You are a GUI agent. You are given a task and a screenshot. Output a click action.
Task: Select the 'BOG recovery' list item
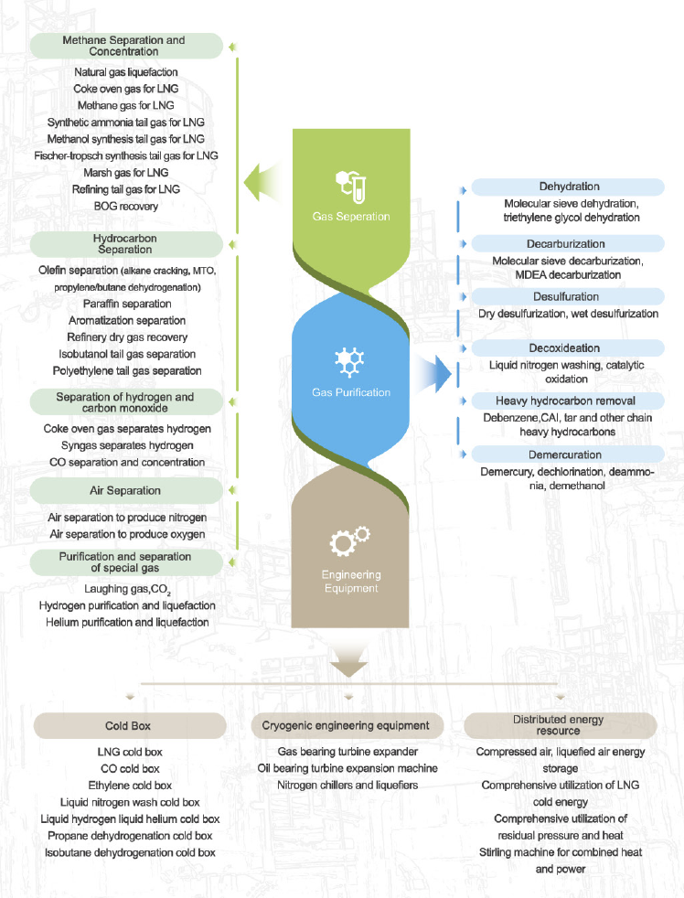(126, 206)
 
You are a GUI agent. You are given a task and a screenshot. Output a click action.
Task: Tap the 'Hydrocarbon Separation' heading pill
(126, 244)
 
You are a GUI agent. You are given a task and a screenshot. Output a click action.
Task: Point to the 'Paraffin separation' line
(127, 304)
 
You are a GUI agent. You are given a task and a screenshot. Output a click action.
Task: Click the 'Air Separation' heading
(126, 491)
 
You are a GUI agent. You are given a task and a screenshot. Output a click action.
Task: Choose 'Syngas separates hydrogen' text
(127, 445)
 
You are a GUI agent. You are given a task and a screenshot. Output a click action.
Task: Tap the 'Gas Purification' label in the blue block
(351, 392)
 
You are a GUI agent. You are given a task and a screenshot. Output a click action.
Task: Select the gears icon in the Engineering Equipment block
(350, 540)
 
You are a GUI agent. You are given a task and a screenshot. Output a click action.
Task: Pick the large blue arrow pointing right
(433, 374)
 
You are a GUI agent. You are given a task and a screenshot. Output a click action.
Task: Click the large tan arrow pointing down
(349, 659)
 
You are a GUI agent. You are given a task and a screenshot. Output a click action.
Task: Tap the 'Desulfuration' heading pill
(568, 296)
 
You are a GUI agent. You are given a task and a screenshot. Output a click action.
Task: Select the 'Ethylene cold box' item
(130, 786)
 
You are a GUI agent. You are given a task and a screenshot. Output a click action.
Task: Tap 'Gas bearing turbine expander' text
(347, 752)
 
